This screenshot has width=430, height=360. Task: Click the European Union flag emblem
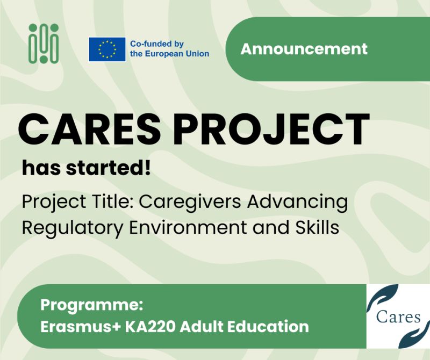point(107,50)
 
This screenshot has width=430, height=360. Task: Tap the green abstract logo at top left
point(44,43)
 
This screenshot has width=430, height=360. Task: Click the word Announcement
point(304,49)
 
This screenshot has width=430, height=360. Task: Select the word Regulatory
point(66,227)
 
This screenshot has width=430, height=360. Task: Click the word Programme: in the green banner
point(91,306)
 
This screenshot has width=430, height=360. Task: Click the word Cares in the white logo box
point(398,316)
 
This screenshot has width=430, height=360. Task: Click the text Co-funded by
point(157,44)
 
